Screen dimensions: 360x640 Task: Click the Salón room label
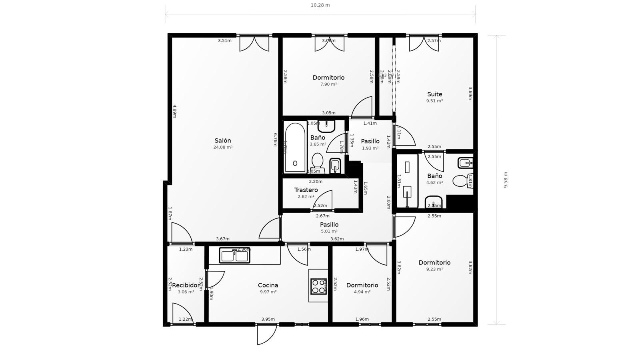point(223,141)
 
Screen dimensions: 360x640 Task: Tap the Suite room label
point(434,94)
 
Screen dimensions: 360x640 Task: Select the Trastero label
point(306,190)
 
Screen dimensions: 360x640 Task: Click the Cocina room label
point(268,285)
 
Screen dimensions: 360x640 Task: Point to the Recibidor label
point(186,285)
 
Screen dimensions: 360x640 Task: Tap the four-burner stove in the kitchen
point(318,286)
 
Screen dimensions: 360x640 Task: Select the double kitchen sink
point(234,256)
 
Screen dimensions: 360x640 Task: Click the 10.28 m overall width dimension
point(320,5)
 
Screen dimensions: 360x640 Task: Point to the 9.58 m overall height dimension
point(506,180)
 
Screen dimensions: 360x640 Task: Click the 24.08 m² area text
point(223,147)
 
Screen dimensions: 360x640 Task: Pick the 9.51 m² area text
point(434,101)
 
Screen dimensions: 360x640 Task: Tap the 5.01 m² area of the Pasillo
point(329,231)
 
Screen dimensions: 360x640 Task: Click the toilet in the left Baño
point(317,162)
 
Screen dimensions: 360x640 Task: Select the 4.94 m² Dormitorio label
point(362,285)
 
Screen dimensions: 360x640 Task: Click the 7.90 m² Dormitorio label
point(328,78)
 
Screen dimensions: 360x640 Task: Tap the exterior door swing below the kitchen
point(266,334)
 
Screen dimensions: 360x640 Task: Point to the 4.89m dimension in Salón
point(174,111)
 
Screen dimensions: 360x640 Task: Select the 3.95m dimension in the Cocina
point(268,319)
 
